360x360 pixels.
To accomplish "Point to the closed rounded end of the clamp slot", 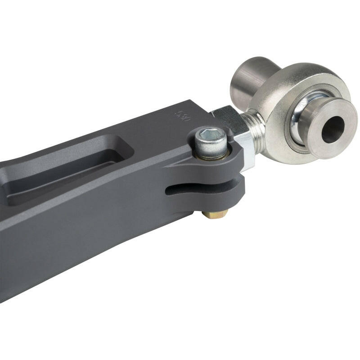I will click(169, 192).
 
